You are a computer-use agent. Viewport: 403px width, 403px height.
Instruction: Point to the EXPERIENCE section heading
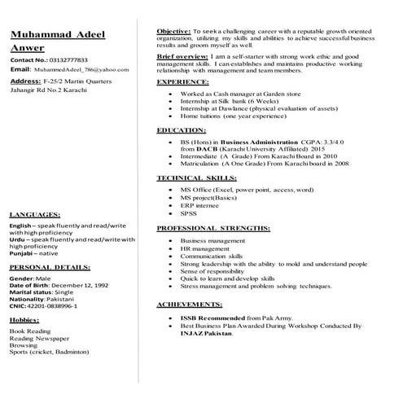[x=184, y=82]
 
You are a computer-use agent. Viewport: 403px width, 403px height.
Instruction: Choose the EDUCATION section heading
[x=182, y=130]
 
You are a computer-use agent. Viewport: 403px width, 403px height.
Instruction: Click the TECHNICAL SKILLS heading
[x=192, y=177]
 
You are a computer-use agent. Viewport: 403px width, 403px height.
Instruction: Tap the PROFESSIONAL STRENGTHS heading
[x=203, y=229]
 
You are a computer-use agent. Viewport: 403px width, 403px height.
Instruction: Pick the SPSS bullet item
[x=189, y=216]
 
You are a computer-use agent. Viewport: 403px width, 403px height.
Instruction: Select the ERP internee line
[x=199, y=207]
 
